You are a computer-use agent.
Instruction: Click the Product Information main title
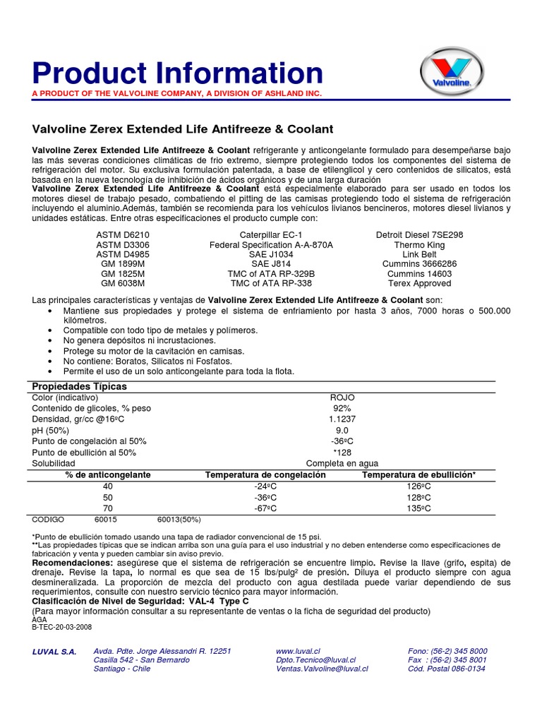tap(178, 73)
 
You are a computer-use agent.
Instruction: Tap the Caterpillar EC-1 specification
tap(271, 234)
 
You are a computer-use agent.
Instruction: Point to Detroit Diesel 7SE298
tap(419, 234)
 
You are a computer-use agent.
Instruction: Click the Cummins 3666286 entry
tap(419, 263)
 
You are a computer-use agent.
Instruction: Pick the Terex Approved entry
tap(419, 283)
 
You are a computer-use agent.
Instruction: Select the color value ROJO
tap(341, 398)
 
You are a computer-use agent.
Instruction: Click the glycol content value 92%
tap(342, 408)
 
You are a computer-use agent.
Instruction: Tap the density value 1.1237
tap(342, 419)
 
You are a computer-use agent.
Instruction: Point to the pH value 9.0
tap(342, 430)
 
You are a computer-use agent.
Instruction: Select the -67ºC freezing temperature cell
tap(265, 508)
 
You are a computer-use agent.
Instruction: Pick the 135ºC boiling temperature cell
tap(418, 508)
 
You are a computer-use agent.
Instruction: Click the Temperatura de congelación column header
tap(265, 475)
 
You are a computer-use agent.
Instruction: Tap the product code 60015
tap(105, 520)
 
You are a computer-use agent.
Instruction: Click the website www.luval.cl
tap(299, 650)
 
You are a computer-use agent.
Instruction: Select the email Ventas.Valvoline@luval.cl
tap(321, 669)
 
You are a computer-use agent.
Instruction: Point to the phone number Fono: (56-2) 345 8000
tap(447, 650)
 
